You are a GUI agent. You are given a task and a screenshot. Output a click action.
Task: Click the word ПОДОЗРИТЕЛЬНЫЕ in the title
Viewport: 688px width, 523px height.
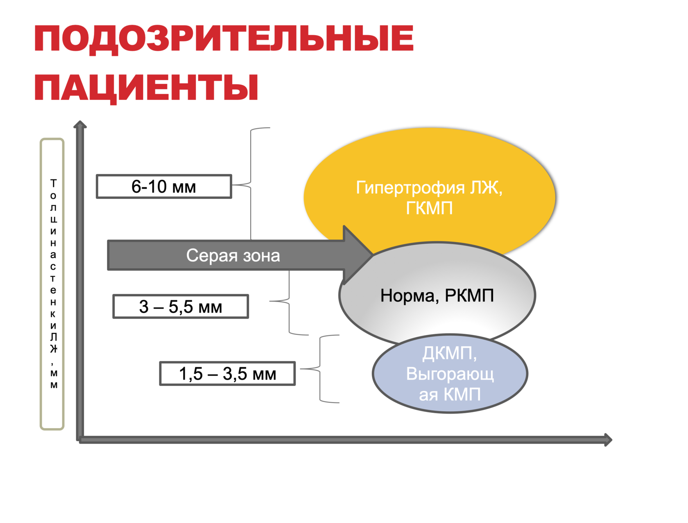tap(224, 38)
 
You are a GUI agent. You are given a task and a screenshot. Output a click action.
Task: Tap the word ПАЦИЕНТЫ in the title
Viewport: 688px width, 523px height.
tap(146, 88)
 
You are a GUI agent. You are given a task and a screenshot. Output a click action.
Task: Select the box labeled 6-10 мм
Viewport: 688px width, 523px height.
tap(164, 187)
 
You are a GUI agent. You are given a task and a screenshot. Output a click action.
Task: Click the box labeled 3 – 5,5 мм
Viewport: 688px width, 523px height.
tap(181, 307)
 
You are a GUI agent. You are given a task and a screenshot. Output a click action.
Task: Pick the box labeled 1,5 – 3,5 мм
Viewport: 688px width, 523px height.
tap(227, 374)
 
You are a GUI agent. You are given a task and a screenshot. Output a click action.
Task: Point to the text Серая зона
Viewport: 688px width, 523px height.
tap(233, 255)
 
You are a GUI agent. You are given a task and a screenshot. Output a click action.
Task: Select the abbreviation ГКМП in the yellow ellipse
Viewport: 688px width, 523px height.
tap(429, 208)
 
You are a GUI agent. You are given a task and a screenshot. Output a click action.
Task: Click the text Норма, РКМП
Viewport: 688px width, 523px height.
tap(437, 295)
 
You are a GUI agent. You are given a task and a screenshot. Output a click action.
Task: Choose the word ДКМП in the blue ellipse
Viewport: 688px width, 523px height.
tap(449, 353)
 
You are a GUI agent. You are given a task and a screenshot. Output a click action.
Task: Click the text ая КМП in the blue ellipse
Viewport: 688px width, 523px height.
tap(450, 395)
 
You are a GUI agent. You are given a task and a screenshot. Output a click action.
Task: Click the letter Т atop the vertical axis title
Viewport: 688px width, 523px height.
tap(53, 183)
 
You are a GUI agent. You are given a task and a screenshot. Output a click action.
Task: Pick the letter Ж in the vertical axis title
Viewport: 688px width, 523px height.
tap(53, 349)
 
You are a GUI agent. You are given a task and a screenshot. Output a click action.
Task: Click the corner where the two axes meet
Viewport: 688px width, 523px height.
tap(80, 440)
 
